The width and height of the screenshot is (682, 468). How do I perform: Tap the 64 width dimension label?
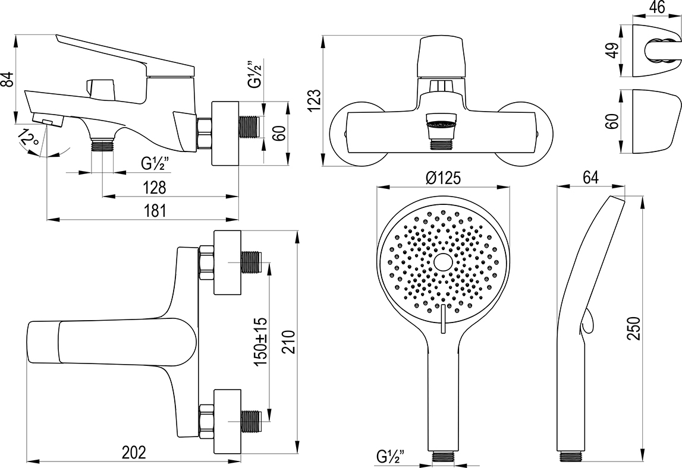590,177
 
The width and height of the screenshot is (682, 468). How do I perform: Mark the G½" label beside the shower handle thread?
390,457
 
